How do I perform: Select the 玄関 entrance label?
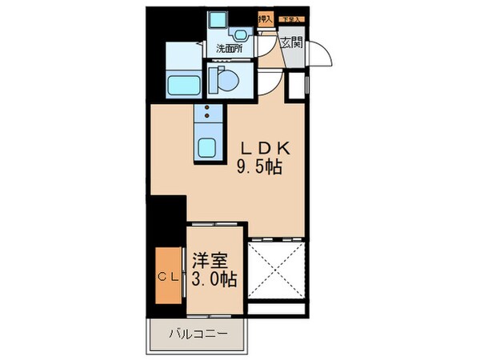click(x=291, y=44)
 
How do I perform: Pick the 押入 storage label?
click(x=265, y=18)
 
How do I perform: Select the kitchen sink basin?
click(x=208, y=147)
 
